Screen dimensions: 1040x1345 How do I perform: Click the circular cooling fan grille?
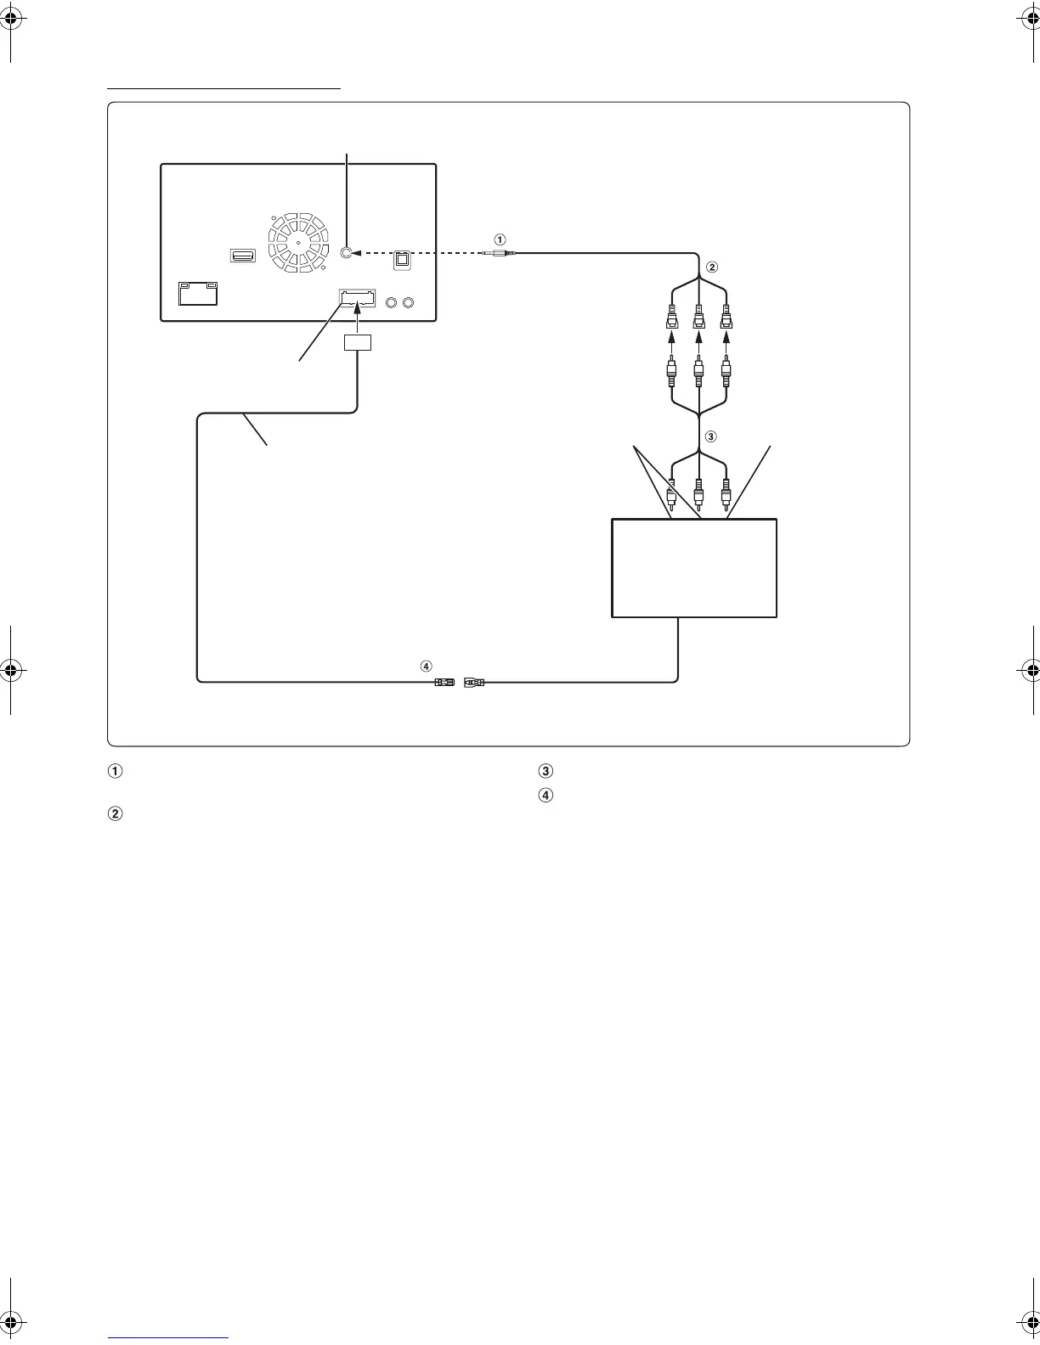coord(298,243)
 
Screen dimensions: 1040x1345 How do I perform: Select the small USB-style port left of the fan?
coord(242,255)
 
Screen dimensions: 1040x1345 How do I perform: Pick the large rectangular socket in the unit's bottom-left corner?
coord(197,293)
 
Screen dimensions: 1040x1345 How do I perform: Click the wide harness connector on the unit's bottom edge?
coord(357,298)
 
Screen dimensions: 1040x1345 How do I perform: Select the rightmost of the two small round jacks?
coord(410,302)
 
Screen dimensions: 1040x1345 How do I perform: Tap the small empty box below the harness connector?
coord(358,343)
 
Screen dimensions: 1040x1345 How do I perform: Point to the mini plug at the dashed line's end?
coord(494,252)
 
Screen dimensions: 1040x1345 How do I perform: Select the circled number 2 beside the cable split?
coord(712,266)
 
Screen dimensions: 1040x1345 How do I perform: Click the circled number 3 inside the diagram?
coord(712,437)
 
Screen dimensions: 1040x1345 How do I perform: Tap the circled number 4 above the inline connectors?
coord(427,666)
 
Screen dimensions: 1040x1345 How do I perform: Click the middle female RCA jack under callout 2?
coord(698,318)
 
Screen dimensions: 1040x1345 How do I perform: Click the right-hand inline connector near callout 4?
coord(474,681)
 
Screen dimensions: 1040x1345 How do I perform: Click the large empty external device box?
coord(694,568)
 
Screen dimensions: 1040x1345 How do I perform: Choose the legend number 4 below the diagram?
coord(545,796)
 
